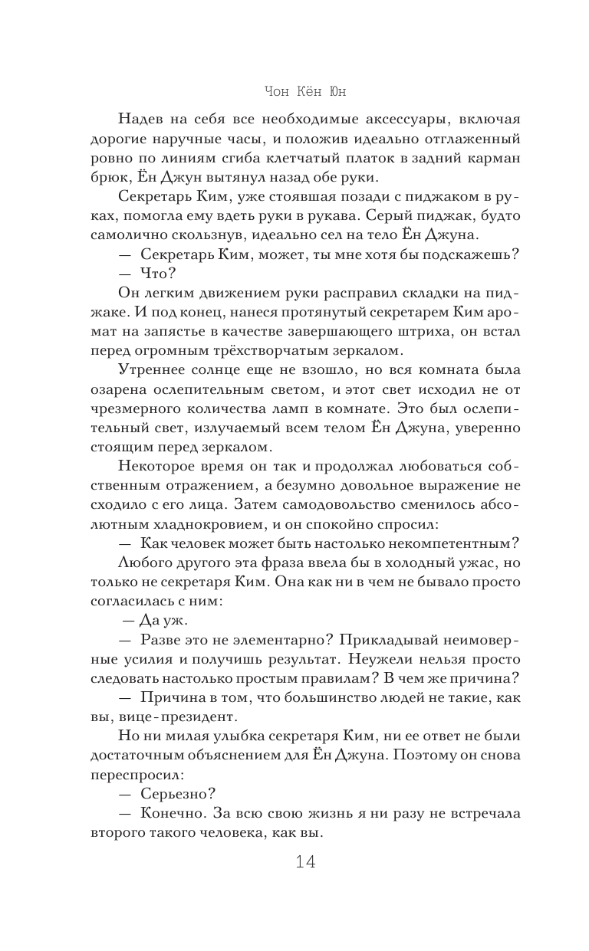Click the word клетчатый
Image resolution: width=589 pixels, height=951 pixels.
305,159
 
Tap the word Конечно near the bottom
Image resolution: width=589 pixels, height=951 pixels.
172,815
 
